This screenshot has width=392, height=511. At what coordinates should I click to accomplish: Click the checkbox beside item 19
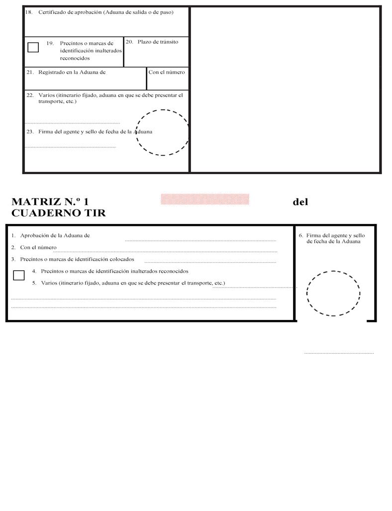(33, 47)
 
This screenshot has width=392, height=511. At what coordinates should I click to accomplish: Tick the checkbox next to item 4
(18, 275)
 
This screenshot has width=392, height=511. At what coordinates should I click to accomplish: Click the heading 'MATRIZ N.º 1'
(50, 202)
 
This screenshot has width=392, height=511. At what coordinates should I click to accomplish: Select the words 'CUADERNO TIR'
(58, 213)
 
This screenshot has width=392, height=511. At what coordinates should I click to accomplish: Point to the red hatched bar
(204, 199)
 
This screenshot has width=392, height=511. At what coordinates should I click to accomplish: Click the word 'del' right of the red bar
(300, 202)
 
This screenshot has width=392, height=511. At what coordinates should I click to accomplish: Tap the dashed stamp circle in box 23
(162, 132)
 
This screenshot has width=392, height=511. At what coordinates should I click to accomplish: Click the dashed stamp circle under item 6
(333, 293)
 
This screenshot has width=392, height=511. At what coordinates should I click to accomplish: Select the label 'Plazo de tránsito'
(158, 42)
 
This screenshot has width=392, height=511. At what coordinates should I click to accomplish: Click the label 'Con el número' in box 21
(167, 72)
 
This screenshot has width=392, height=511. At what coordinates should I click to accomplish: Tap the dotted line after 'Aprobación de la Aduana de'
(200, 240)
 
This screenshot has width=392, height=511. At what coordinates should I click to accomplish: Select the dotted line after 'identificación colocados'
(210, 262)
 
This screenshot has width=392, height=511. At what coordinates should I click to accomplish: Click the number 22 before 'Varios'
(30, 95)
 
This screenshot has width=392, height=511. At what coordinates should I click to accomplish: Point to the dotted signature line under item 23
(70, 147)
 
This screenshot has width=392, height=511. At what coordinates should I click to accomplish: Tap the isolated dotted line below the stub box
(339, 353)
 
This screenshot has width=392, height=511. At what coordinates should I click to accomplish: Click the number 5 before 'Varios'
(34, 283)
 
